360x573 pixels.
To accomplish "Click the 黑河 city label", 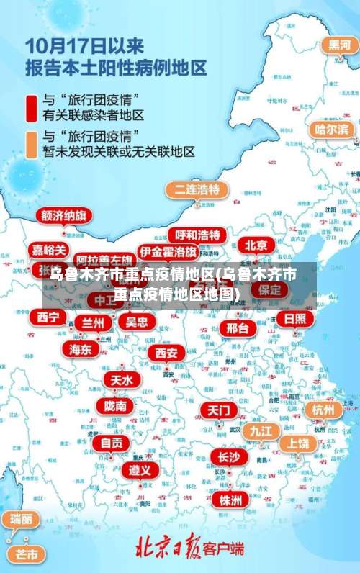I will pyautogui.click(x=339, y=45).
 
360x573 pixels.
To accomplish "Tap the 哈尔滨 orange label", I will pyautogui.click(x=332, y=130).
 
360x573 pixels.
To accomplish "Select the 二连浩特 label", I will pyautogui.click(x=197, y=190).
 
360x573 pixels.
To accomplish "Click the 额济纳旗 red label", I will pyautogui.click(x=64, y=217).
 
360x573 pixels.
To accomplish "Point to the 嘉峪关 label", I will pyautogui.click(x=50, y=251).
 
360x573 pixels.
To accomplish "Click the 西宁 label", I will pyautogui.click(x=49, y=317).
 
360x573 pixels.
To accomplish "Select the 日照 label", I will pyautogui.click(x=294, y=319).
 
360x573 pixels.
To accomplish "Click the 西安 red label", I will pyautogui.click(x=166, y=353).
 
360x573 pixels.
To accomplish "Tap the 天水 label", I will pyautogui.click(x=120, y=379).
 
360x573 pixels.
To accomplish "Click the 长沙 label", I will pyautogui.click(x=229, y=457).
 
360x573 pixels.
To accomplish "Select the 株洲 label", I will pyautogui.click(x=231, y=500).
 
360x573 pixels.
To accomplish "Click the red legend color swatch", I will pyautogui.click(x=31, y=107).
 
